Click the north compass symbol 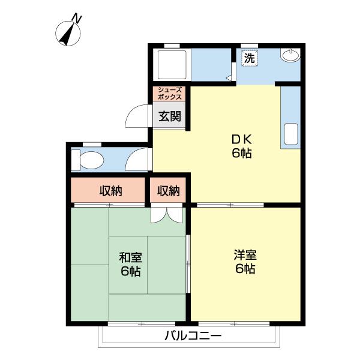(67, 33)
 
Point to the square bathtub (172, 64)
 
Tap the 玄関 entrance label (170, 116)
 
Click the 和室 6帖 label (130, 264)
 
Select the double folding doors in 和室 (166, 214)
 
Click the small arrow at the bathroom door (229, 77)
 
